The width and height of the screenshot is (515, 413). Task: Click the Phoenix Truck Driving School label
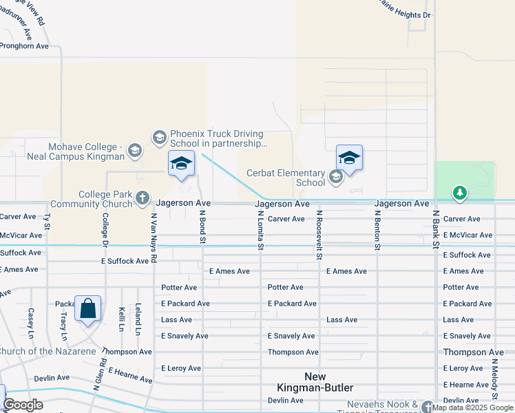pyautogui.click(x=217, y=138)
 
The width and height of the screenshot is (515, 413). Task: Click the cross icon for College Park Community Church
pyautogui.click(x=143, y=199)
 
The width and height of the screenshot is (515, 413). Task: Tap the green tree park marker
pyautogui.click(x=460, y=193)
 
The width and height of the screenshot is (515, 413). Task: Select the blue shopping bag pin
pyautogui.click(x=88, y=309)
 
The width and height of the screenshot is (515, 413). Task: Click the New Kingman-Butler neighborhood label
pyautogui.click(x=315, y=382)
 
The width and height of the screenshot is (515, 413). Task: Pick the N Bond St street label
pyautogui.click(x=203, y=226)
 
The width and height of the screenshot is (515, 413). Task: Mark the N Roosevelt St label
pyautogui.click(x=319, y=235)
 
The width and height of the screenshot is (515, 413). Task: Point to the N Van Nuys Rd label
pyautogui.click(x=154, y=237)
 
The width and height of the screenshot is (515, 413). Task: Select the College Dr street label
pyautogui.click(x=105, y=229)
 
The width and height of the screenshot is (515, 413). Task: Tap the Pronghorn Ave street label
pyautogui.click(x=24, y=46)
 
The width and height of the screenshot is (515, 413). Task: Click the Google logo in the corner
pyautogui.click(x=23, y=405)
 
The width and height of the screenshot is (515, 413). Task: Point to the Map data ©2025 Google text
pyautogui.click(x=473, y=407)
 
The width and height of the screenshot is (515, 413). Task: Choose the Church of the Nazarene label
pyautogui.click(x=48, y=352)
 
